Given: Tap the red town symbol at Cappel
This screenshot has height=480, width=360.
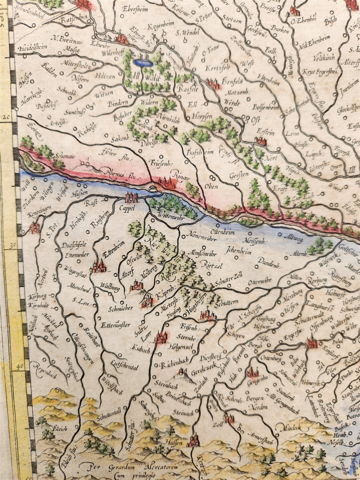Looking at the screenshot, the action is point(131,197).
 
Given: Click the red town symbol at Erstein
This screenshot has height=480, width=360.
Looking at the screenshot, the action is point(260,140).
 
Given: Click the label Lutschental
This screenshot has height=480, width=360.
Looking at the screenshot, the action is point(124,366).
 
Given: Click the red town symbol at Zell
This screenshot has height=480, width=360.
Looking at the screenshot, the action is point(229,418).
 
